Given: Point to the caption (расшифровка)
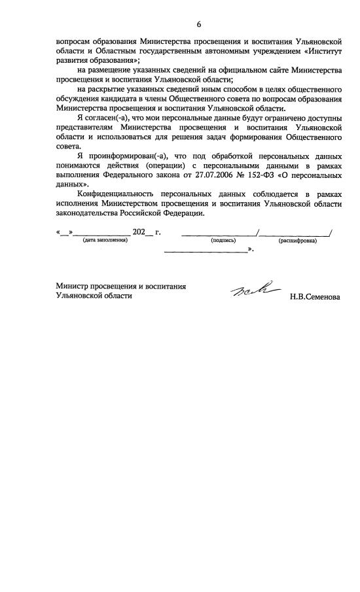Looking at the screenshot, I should click(297, 241).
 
